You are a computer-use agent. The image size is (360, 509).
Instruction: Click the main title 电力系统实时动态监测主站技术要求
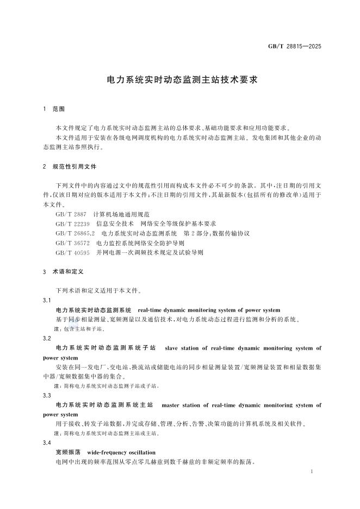pos(179,79)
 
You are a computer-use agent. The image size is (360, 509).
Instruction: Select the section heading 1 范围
pos(53,109)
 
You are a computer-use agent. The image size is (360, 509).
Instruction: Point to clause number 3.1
pos(47,300)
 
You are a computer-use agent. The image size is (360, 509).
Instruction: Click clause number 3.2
pos(47,338)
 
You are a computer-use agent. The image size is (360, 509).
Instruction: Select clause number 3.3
pos(47,395)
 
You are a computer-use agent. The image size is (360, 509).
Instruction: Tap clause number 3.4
pos(47,443)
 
